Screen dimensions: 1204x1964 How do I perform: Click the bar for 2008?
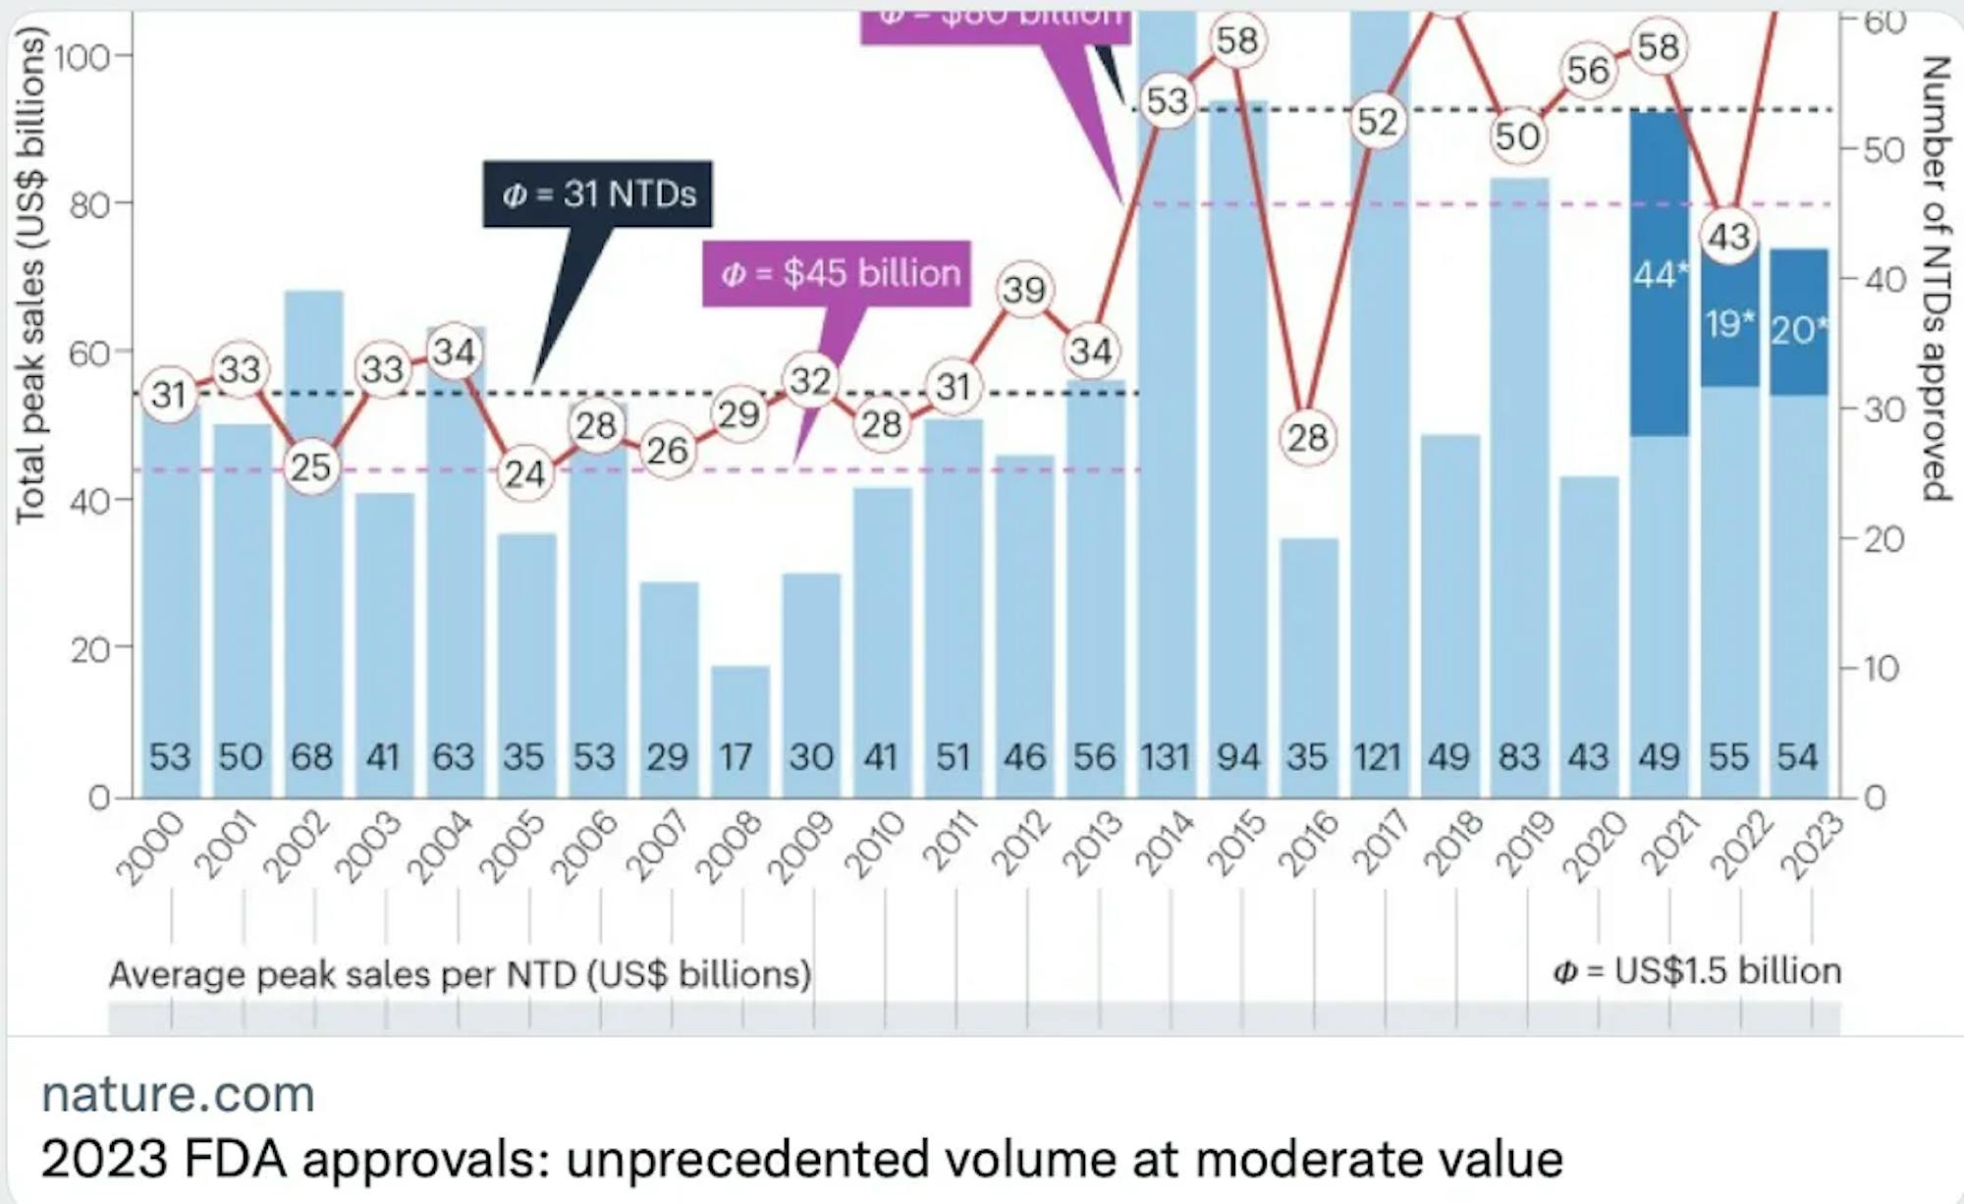(x=740, y=727)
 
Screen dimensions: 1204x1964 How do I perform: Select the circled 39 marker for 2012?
(x=1024, y=290)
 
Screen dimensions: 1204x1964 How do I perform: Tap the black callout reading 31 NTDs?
(x=597, y=193)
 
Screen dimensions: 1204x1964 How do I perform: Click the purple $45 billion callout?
(x=837, y=272)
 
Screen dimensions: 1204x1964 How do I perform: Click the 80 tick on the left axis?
(x=90, y=205)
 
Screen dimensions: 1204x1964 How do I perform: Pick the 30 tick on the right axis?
(x=1883, y=410)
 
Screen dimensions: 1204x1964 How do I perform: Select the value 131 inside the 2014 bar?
(x=1166, y=757)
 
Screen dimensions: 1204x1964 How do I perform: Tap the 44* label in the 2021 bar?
(x=1658, y=275)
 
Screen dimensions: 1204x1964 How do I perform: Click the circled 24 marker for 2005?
(x=524, y=474)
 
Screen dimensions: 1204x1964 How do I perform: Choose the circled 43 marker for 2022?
(x=1729, y=237)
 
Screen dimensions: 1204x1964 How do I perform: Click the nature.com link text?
(x=178, y=1093)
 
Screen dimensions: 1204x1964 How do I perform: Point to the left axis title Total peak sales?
(x=31, y=275)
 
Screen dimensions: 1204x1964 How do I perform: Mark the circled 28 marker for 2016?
(x=1307, y=437)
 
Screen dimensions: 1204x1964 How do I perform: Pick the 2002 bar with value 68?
(x=313, y=540)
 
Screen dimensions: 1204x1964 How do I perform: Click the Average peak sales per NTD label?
(x=460, y=974)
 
